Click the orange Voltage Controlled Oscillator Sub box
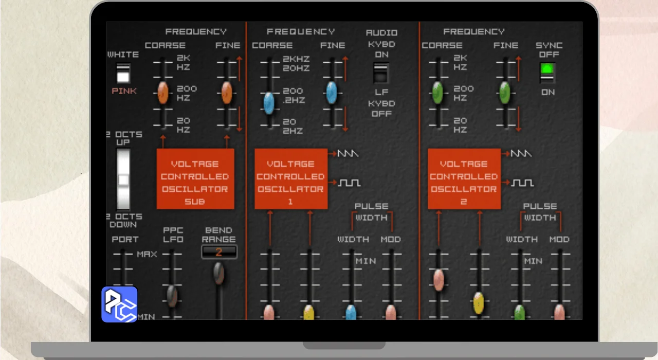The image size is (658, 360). click(x=195, y=178)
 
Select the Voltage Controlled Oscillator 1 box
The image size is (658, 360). click(x=291, y=178)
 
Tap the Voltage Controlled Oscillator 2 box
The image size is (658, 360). click(x=464, y=178)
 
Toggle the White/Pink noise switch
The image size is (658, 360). click(x=123, y=74)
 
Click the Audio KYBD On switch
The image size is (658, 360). click(x=381, y=73)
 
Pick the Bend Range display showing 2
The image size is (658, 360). click(x=219, y=252)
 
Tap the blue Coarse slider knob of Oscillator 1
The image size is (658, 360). click(x=269, y=103)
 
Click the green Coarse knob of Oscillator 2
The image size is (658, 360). click(x=438, y=93)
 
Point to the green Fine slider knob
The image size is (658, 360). click(x=505, y=93)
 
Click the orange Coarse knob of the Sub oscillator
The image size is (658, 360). click(x=163, y=93)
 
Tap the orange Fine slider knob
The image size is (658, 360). click(x=226, y=93)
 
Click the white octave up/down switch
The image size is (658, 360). click(x=123, y=179)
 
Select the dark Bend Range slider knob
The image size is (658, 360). click(x=219, y=274)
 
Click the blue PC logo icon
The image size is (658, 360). click(x=119, y=304)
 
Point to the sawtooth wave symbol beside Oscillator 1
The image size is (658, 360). click(x=349, y=154)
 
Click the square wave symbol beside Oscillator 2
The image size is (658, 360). click(x=522, y=183)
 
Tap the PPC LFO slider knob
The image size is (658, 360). click(x=172, y=296)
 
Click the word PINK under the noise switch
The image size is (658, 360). click(x=124, y=92)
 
